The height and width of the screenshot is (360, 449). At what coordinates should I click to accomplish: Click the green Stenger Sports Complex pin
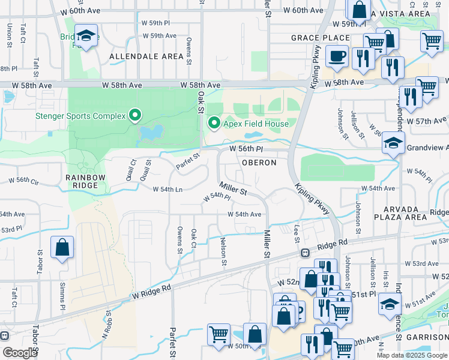click(136, 115)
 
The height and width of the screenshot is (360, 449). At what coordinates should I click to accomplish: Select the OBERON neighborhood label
click(259, 163)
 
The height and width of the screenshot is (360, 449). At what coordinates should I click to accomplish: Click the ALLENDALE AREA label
click(146, 56)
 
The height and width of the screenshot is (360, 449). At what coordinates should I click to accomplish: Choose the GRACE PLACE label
click(312, 38)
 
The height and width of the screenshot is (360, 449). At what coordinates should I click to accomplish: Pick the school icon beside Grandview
click(393, 143)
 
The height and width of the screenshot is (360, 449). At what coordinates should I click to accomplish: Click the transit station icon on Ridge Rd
click(305, 253)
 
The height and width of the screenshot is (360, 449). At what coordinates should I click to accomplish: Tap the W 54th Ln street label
click(163, 189)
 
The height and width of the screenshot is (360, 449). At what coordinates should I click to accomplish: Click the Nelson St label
click(224, 254)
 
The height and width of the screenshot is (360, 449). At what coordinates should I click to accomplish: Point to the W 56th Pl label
click(247, 148)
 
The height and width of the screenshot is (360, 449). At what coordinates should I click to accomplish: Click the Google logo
click(20, 352)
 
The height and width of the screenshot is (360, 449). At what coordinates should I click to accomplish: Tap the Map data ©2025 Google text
click(411, 355)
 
